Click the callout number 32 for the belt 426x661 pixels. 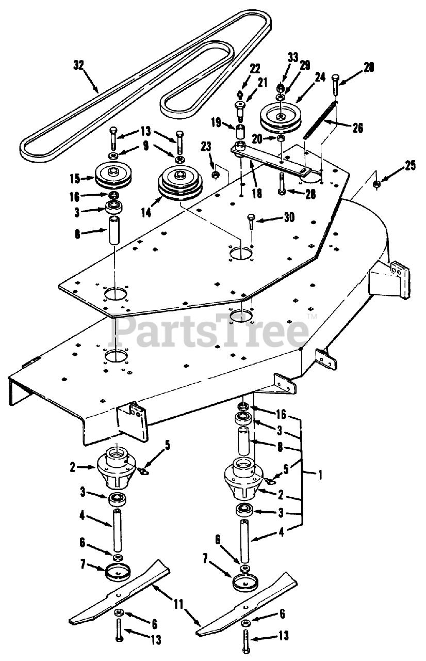pyautogui.click(x=78, y=65)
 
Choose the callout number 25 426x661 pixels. pyautogui.click(x=410, y=166)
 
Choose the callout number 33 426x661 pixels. pyautogui.click(x=293, y=57)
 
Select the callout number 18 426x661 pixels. pyautogui.click(x=256, y=194)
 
